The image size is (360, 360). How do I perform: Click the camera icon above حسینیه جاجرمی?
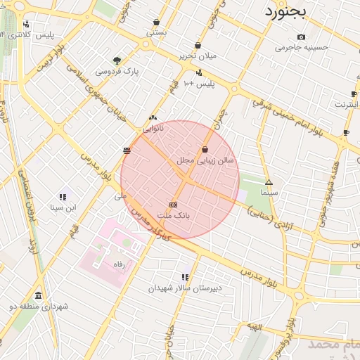point(302,37)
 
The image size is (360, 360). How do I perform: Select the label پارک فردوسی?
point(117,71)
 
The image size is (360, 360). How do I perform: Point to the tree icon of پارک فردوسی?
point(117,60)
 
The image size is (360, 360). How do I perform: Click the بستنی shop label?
point(156,32)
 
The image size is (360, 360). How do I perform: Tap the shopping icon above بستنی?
point(156,22)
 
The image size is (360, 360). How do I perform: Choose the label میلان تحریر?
point(198,56)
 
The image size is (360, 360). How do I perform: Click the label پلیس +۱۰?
point(198,84)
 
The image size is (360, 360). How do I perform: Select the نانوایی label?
point(153,129)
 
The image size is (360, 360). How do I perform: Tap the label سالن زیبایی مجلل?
point(205,160)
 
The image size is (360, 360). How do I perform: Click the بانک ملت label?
point(174,214)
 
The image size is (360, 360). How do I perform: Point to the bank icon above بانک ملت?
point(174,204)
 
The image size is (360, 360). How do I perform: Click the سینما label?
point(269,192)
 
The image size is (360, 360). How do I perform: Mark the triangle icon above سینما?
point(269,182)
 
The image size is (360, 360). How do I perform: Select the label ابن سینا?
point(63,207)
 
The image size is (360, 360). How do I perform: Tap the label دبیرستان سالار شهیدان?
point(185,288)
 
